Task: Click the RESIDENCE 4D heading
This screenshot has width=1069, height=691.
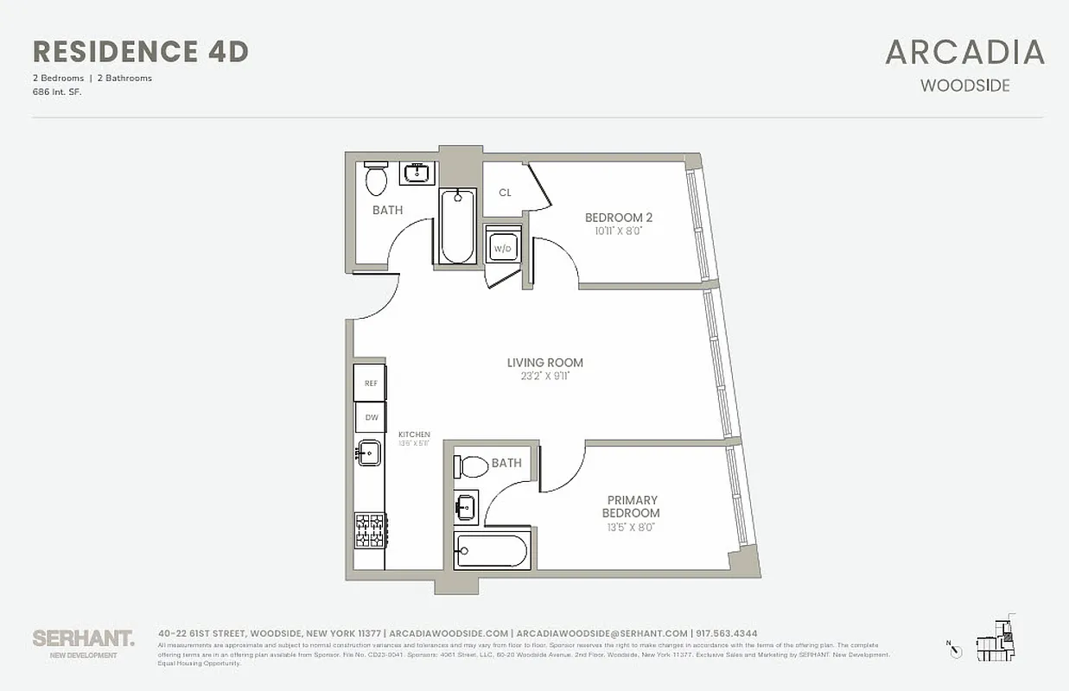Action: (x=140, y=52)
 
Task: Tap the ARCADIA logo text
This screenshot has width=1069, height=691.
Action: (x=964, y=53)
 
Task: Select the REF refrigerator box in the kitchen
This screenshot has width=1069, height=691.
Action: (x=370, y=384)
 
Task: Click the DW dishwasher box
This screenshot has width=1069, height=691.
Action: (x=371, y=417)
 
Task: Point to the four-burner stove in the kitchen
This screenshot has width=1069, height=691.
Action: (x=370, y=529)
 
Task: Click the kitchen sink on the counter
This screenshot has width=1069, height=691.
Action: (x=369, y=452)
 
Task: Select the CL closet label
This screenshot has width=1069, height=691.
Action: (x=505, y=193)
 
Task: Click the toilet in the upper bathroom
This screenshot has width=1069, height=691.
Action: (x=376, y=180)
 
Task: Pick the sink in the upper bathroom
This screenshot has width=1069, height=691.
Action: (x=418, y=173)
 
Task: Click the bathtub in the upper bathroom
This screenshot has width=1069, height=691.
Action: (x=457, y=226)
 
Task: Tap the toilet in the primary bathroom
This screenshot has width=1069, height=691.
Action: (x=472, y=467)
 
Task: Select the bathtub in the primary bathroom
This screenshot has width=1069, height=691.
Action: (x=490, y=551)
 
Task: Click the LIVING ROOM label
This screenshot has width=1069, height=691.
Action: (x=544, y=363)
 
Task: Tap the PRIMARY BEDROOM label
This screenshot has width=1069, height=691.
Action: (x=633, y=506)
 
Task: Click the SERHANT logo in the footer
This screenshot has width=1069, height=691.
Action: (x=83, y=638)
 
